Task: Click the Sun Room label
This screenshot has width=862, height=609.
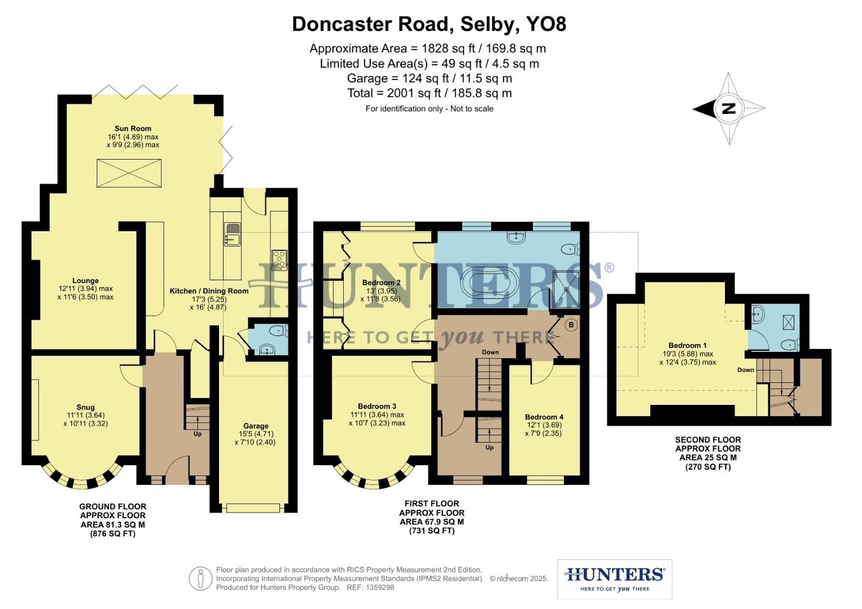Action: click(133, 129)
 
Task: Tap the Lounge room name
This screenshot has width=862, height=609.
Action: click(85, 281)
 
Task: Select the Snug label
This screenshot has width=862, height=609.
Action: click(85, 407)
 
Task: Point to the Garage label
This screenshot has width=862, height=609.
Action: click(256, 426)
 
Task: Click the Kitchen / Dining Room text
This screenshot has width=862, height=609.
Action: click(209, 291)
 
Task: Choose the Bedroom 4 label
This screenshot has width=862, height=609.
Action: click(544, 417)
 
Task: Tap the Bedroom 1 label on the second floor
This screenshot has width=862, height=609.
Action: click(688, 345)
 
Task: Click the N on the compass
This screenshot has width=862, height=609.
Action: click(728, 109)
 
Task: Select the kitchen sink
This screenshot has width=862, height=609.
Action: click(232, 235)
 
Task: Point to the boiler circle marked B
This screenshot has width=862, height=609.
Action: click(571, 325)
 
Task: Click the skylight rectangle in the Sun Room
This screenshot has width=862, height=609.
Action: click(129, 174)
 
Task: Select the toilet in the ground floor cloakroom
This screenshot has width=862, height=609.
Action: click(278, 330)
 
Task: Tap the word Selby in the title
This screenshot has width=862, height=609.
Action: click(487, 24)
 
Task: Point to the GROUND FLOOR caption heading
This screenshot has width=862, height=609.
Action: click(113, 506)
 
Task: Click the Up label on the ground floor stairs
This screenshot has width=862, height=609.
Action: click(198, 434)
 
